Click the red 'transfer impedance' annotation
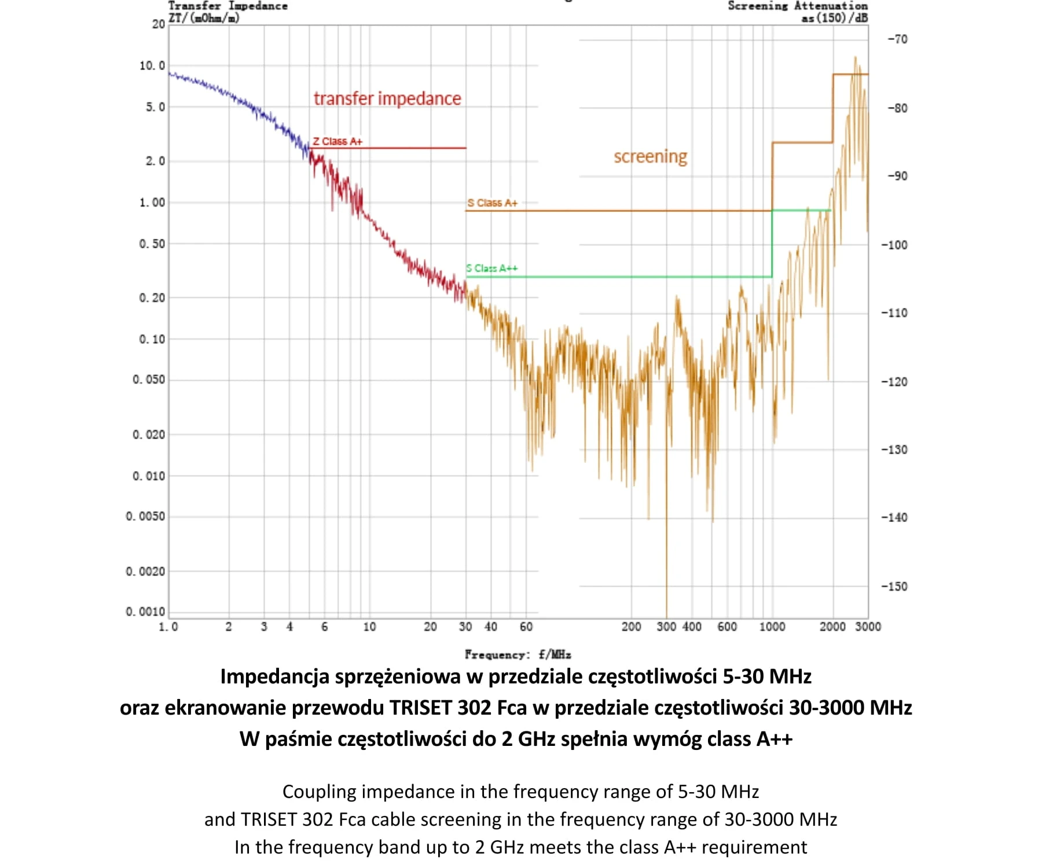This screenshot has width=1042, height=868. tap(387, 98)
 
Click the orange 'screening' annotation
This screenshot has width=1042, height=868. tap(650, 156)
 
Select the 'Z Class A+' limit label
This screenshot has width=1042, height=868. tap(337, 141)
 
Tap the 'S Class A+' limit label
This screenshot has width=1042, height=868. tap(493, 203)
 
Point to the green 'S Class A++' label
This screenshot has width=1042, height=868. tap(492, 269)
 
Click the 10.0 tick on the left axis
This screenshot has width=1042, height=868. tap(152, 65)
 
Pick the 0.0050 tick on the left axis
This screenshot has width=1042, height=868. tap(145, 516)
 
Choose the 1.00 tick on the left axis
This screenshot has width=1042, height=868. tap(152, 203)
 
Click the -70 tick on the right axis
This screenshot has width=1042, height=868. tap(897, 39)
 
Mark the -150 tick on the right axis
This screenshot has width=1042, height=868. tap(894, 586)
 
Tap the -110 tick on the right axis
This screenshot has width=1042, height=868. tap(894, 313)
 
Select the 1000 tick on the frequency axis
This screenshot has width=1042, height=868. tap(772, 627)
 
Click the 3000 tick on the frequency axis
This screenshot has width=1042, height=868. tap(868, 627)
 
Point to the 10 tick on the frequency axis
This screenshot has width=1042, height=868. tap(369, 627)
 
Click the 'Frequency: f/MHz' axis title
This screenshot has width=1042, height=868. tap(518, 654)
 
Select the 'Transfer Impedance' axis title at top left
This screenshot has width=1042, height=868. tap(228, 6)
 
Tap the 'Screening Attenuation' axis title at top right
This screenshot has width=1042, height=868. tap(797, 6)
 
